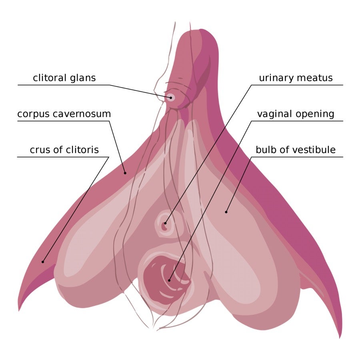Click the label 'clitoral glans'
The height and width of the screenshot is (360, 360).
pos(64,78)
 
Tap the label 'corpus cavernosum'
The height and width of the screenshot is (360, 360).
pos(64,114)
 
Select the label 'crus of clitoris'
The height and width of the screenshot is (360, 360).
pos(64,150)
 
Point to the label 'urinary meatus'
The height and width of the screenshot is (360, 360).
pos(296,78)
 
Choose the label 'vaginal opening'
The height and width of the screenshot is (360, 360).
pos(296,114)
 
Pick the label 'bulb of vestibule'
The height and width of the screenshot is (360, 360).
pos(296,150)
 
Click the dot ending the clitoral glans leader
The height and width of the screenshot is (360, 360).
pos(171,97)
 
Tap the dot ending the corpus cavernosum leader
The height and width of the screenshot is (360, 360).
pos(125,173)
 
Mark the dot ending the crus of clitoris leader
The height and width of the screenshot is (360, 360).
pos(43,262)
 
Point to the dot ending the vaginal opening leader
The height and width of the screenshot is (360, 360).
pos(169,280)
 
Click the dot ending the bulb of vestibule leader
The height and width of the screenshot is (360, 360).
pos(226,212)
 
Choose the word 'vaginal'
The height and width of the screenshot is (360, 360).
pos(274,114)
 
